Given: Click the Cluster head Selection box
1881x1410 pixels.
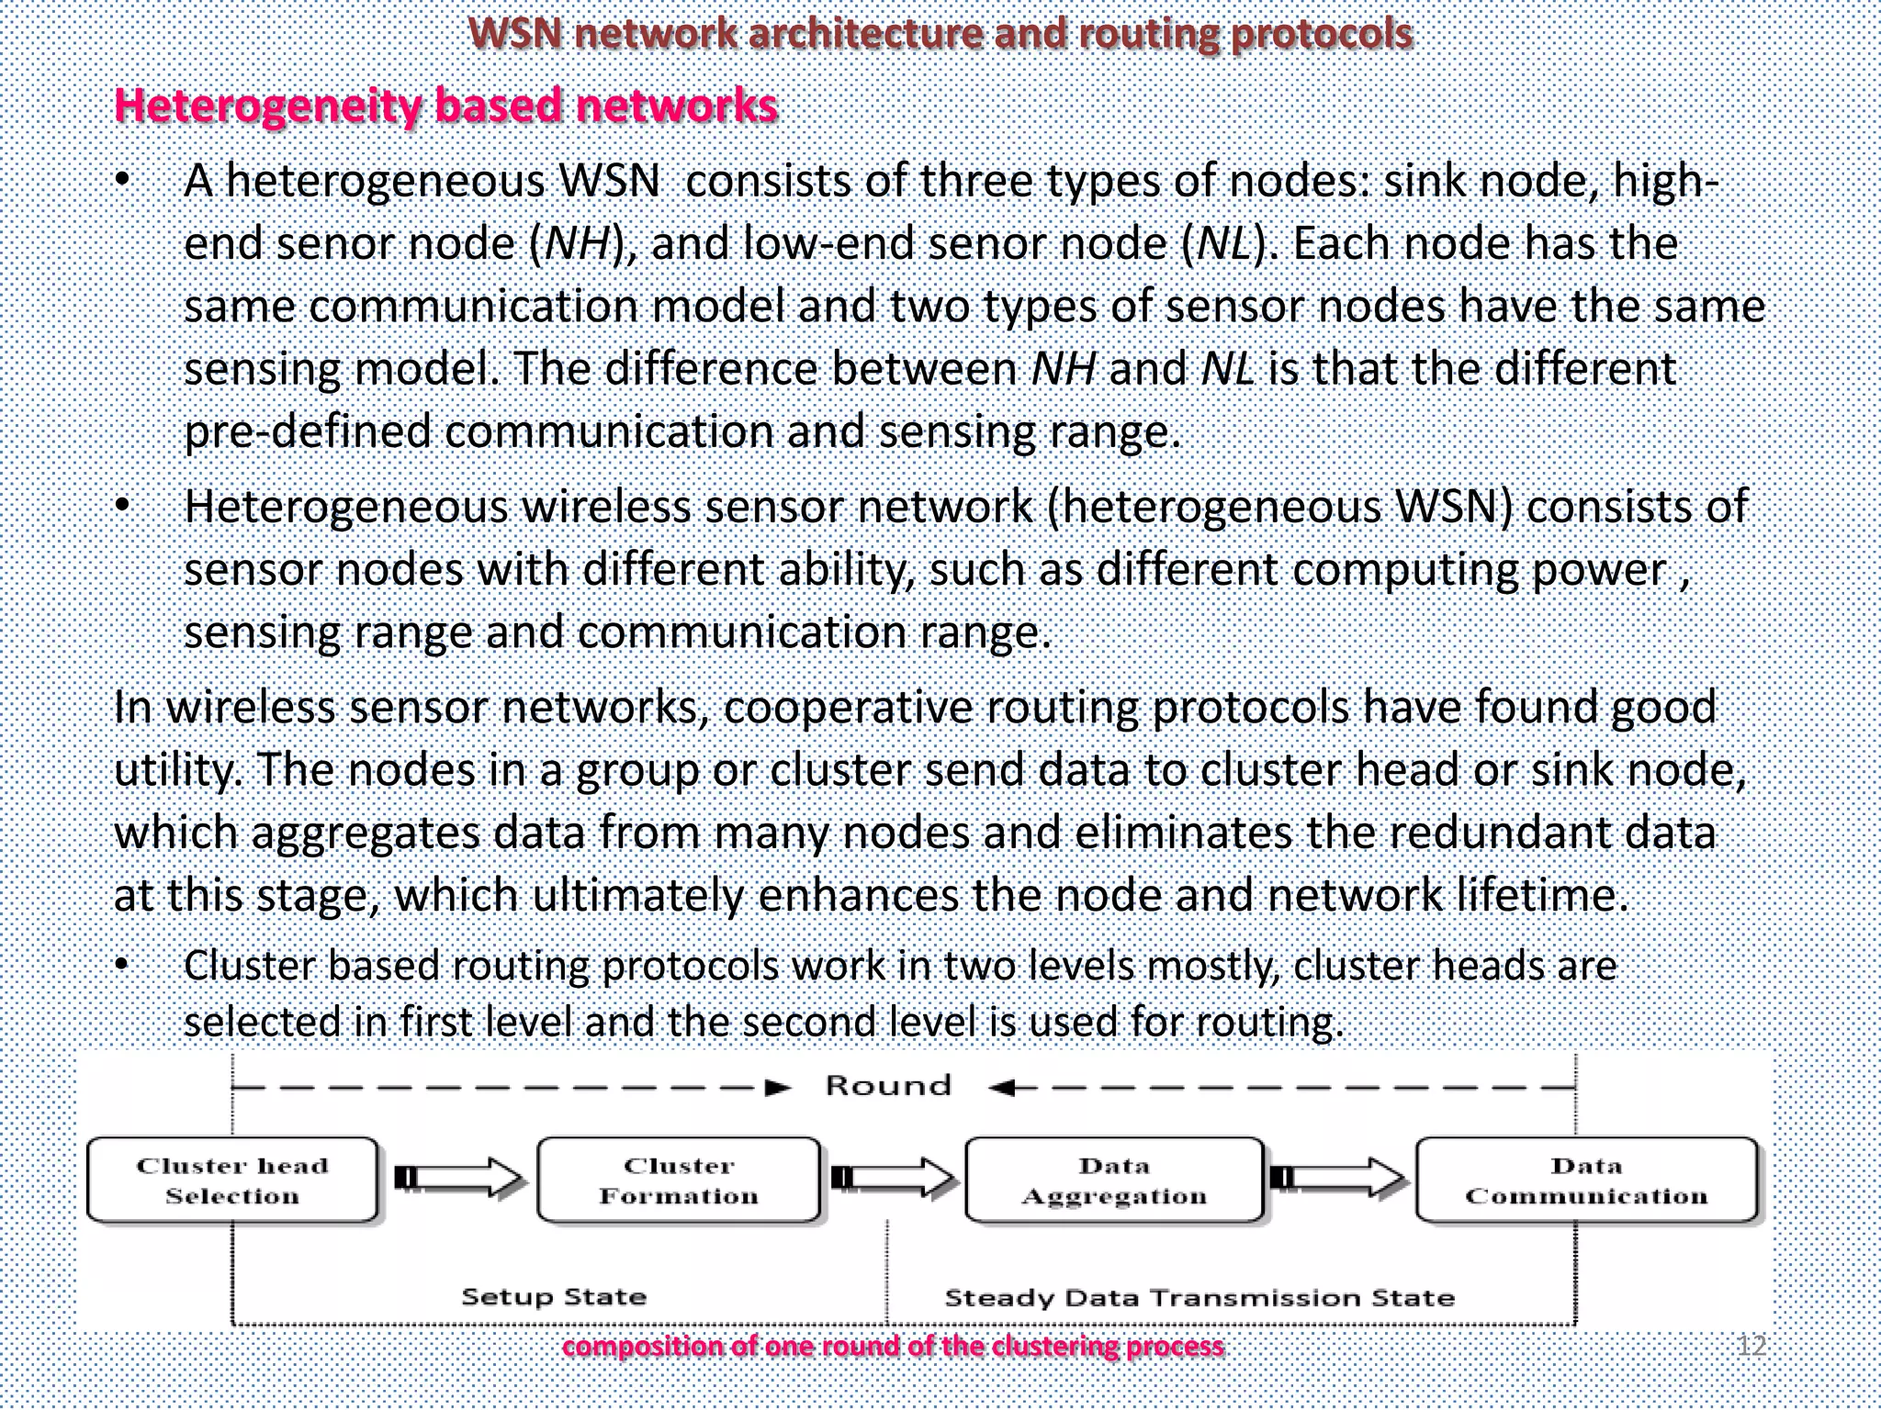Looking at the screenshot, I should click(x=232, y=1181).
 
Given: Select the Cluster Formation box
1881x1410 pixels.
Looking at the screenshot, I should click(x=679, y=1181).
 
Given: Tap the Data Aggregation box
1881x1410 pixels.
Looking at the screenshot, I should click(x=1114, y=1181).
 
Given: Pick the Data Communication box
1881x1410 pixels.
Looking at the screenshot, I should click(x=1586, y=1181).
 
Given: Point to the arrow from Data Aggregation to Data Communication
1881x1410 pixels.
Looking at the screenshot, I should click(x=1339, y=1178).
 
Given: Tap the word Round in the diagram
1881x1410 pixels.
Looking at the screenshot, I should click(x=887, y=1086).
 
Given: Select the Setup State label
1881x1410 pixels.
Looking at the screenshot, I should click(x=554, y=1297).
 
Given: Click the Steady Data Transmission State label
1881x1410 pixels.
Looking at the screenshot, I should click(x=1200, y=1298).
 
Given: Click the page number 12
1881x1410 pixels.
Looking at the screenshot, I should click(x=1751, y=1346).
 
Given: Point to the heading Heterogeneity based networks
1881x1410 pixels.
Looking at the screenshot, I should click(x=446, y=106).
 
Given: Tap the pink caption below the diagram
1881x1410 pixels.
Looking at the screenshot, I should click(x=893, y=1347).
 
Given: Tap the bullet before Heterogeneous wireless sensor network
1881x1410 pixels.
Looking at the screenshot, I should click(x=122, y=508).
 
